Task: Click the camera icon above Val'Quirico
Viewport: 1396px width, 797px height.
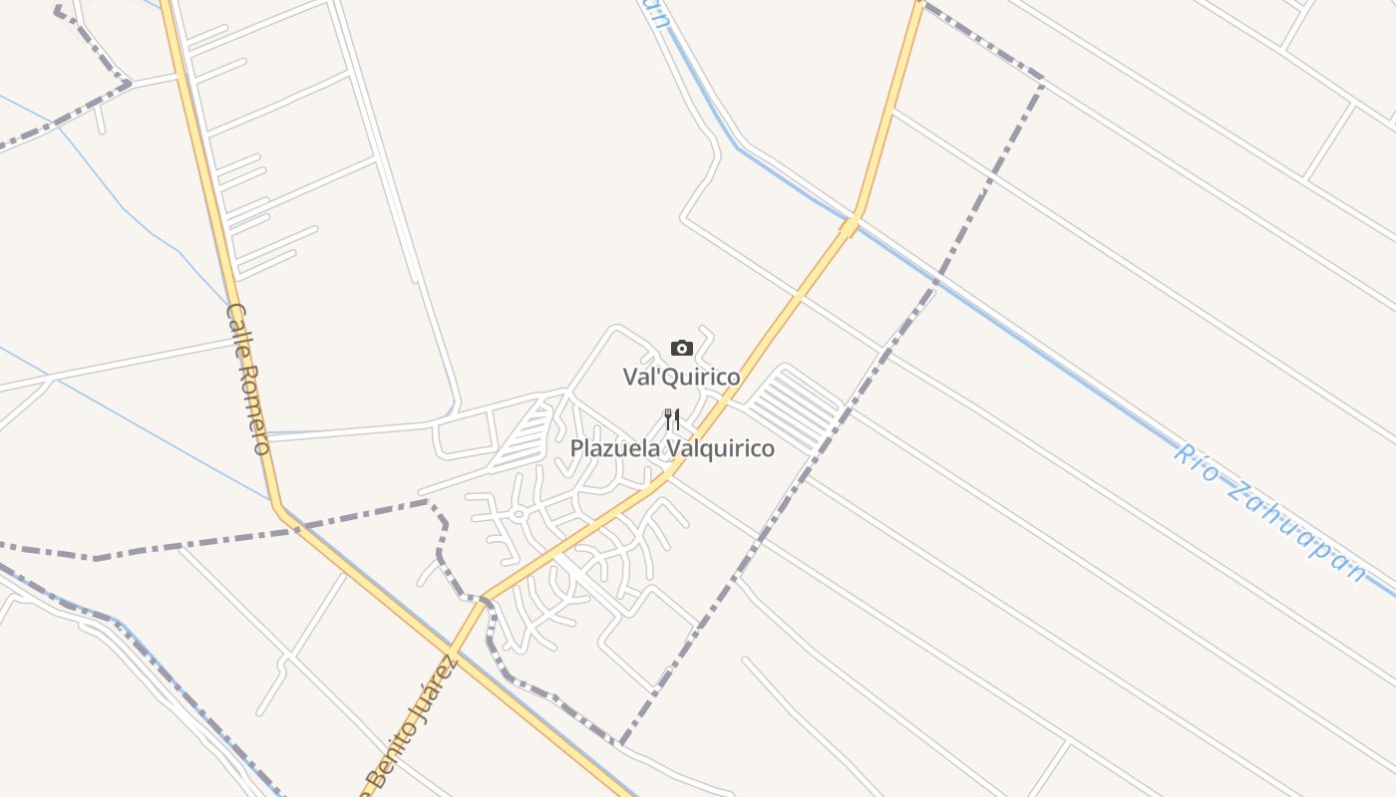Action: click(x=682, y=348)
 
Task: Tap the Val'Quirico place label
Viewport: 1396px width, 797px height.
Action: click(x=682, y=377)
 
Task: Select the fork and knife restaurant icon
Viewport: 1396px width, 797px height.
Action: click(x=672, y=419)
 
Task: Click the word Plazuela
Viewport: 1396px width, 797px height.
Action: click(x=614, y=448)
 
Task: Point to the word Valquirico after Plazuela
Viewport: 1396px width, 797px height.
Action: click(x=720, y=448)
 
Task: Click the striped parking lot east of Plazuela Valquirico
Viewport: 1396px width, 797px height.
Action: click(x=795, y=407)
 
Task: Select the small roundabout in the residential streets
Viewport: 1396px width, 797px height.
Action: click(x=519, y=514)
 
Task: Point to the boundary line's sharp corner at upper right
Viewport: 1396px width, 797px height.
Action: click(x=1043, y=79)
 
